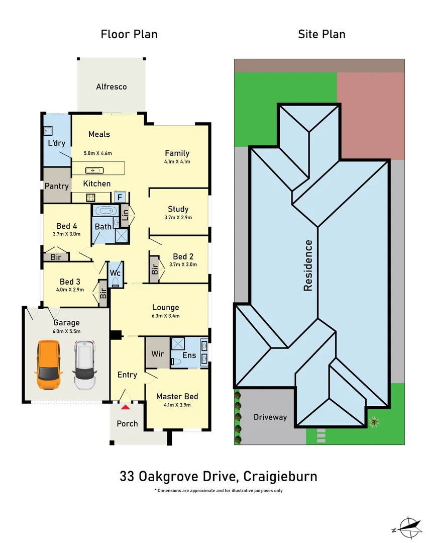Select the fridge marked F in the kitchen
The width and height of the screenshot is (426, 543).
click(x=120, y=197)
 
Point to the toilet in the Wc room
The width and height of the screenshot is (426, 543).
click(x=116, y=282)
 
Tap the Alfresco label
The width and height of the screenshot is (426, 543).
click(x=112, y=86)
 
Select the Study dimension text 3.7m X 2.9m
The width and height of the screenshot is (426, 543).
click(x=178, y=218)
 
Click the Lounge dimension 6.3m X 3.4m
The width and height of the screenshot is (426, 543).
click(x=165, y=316)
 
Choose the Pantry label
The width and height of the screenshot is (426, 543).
click(x=57, y=186)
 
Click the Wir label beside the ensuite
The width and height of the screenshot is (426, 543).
click(x=157, y=353)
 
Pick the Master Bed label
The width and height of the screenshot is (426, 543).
click(x=177, y=396)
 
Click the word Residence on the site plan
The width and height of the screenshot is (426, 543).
click(x=307, y=265)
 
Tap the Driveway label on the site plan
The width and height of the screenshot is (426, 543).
click(x=270, y=417)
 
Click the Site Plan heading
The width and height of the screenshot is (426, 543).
click(x=322, y=34)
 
